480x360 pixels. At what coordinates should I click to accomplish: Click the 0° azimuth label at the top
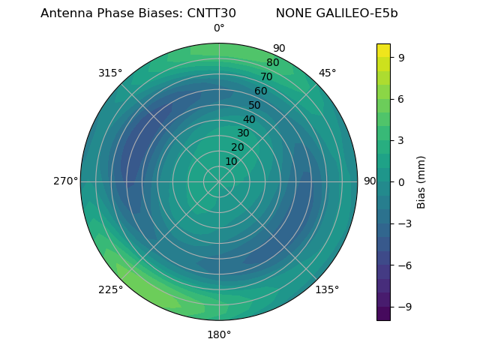219,28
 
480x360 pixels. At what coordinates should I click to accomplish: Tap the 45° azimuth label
327,73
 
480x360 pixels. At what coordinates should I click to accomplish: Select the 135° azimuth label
327,289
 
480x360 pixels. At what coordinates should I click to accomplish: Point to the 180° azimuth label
219,334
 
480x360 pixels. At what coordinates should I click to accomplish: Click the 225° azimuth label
110,289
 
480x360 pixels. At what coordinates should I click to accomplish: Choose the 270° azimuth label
66,181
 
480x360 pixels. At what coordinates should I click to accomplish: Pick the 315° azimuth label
110,73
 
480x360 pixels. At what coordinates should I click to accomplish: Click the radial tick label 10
231,161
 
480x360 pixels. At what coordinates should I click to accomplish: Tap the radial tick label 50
254,105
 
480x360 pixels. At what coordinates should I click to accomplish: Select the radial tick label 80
272,62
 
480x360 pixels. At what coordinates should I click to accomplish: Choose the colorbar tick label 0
401,181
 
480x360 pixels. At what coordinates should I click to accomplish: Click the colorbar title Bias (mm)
421,181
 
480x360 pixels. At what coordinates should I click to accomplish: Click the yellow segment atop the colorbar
383,49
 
